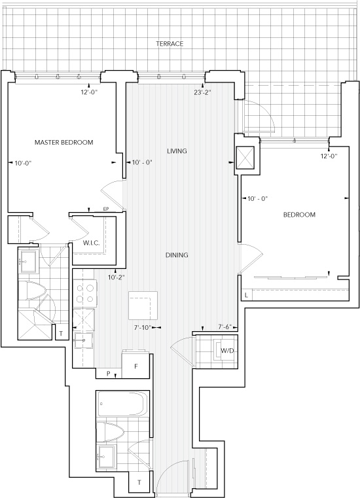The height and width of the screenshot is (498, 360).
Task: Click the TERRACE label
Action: [x=170, y=43]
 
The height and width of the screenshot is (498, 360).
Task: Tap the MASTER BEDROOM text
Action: [x=63, y=142]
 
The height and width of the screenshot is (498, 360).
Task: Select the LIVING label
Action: [x=177, y=151]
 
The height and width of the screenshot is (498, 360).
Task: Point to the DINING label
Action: [x=177, y=255]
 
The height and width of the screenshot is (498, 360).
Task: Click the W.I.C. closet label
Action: [x=92, y=243]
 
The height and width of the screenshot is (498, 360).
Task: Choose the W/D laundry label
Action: [x=227, y=351]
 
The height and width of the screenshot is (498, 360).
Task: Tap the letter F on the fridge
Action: [x=136, y=366]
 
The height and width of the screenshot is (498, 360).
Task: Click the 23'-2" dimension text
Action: [x=202, y=93]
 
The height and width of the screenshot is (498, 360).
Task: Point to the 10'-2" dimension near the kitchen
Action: [x=116, y=277]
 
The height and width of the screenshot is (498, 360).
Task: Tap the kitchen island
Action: [x=143, y=306]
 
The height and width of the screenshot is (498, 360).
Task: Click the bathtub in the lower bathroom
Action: [x=122, y=404]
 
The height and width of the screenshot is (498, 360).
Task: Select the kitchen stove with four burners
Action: [x=85, y=293]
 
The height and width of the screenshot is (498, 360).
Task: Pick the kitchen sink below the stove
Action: [x=84, y=340]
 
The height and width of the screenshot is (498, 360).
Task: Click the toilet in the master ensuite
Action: [x=33, y=291]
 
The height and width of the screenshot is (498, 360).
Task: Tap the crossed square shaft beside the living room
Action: [x=245, y=157]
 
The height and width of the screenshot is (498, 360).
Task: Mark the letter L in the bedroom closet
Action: [x=246, y=296]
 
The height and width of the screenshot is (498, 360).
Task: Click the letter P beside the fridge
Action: [x=109, y=374]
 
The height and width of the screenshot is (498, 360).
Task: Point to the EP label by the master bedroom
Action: [x=106, y=209]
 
